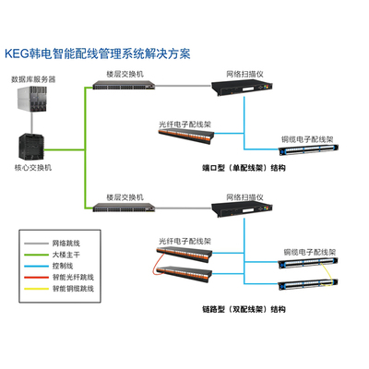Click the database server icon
point(32,99)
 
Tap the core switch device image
point(31,148)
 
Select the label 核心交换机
point(33,168)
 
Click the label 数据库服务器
point(33,79)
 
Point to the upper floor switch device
point(124,85)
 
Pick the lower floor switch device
point(124,208)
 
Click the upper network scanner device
point(242,89)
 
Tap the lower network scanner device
point(242,210)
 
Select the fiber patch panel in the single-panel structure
point(186,137)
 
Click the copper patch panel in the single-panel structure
point(309,149)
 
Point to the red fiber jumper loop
point(155,264)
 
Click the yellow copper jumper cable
point(327,275)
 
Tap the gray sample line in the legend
point(37,244)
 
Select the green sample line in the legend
point(37,255)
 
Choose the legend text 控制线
point(63,266)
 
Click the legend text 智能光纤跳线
point(73,278)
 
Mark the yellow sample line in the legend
point(37,289)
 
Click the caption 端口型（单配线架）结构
point(244,168)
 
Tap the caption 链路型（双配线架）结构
point(244,309)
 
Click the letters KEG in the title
point(17,54)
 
